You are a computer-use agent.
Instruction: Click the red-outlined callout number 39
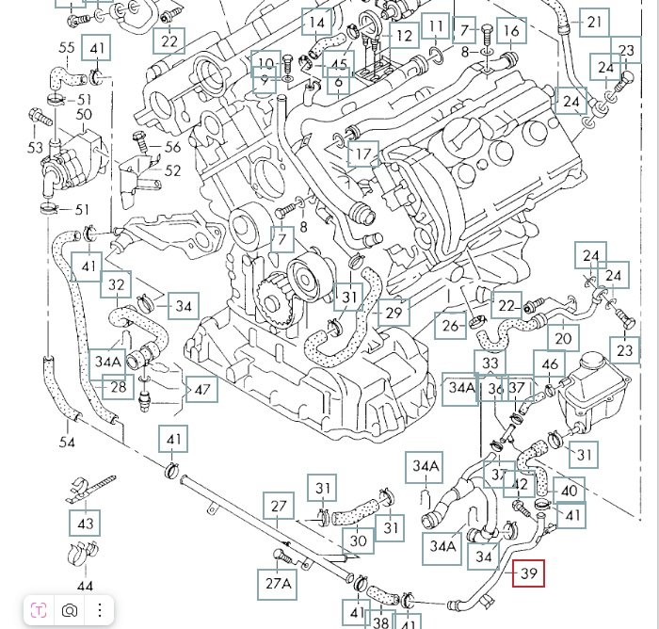[528, 573]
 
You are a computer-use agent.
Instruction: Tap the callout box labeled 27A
[278, 584]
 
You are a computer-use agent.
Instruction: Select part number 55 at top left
[67, 47]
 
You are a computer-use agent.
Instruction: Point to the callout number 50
[84, 114]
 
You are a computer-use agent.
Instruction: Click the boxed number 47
[201, 389]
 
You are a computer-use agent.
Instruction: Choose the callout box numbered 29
[394, 313]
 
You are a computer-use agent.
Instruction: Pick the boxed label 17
[363, 154]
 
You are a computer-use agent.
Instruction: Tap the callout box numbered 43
[86, 524]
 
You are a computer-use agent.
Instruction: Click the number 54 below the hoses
[67, 442]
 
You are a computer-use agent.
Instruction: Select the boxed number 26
[450, 326]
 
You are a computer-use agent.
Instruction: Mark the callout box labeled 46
[550, 364]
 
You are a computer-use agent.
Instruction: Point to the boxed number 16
[511, 31]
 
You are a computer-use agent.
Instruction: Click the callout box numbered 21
[594, 22]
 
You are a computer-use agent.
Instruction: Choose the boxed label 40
[569, 491]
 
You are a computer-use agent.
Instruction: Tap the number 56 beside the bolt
[172, 147]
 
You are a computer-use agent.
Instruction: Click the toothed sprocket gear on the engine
[273, 302]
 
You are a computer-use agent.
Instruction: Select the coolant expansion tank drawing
[593, 390]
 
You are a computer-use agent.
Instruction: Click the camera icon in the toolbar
[70, 610]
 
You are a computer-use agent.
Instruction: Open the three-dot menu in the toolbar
[100, 610]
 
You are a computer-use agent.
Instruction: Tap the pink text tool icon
[39, 610]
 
